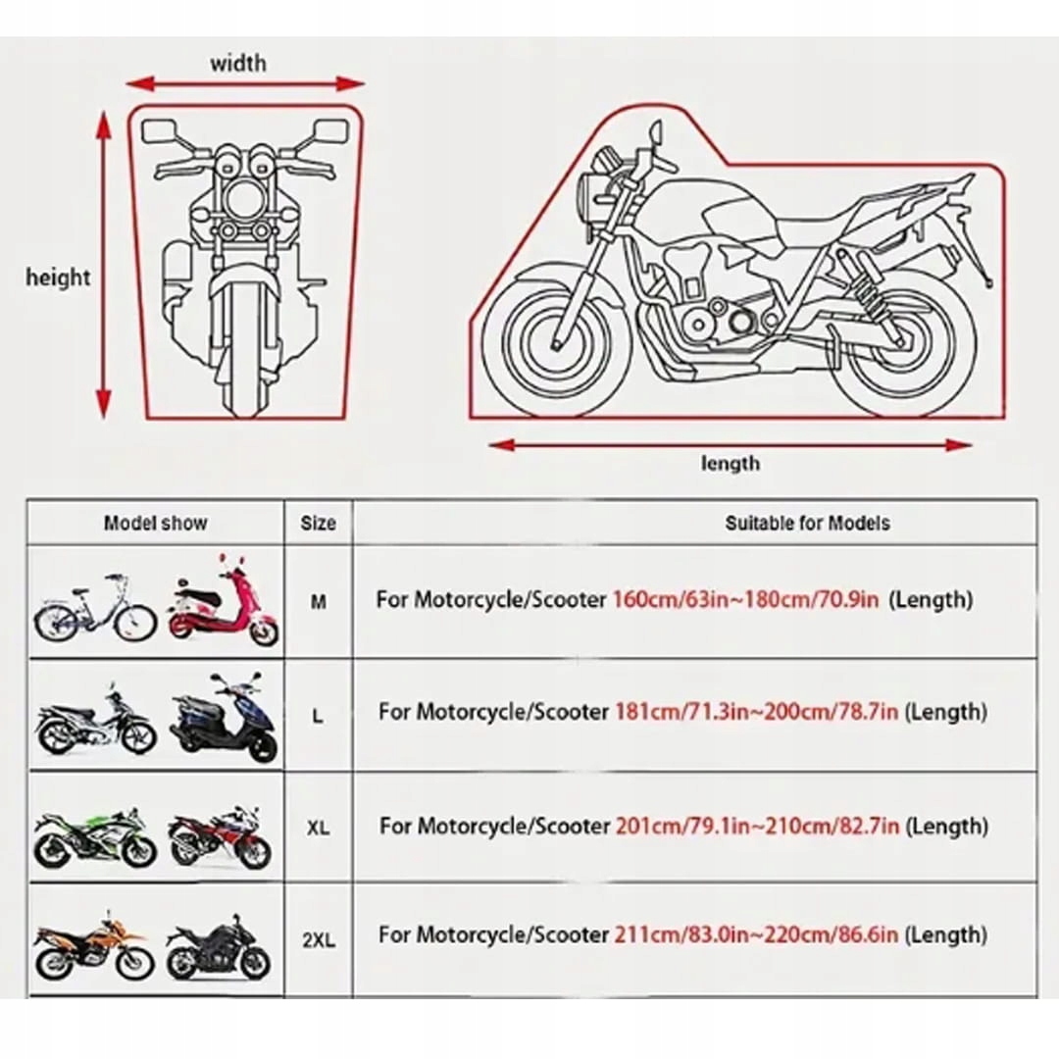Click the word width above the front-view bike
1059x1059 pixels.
(237, 64)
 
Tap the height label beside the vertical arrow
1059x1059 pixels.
(58, 277)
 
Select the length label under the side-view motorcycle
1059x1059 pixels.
(730, 463)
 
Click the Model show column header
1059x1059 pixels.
(156, 523)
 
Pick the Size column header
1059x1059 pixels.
(319, 523)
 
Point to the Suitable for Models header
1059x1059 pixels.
(807, 523)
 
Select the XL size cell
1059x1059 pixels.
(319, 829)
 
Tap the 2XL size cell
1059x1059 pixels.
(319, 939)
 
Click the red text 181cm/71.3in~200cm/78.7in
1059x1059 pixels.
(757, 712)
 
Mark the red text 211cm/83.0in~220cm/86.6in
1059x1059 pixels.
(757, 935)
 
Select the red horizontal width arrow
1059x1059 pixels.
(245, 84)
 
